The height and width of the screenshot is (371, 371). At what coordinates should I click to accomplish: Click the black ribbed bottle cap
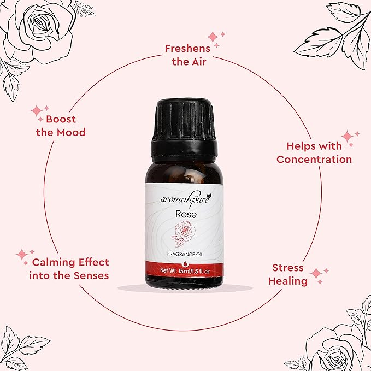click(x=184, y=131)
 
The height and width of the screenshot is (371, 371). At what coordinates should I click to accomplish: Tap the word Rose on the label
click(x=186, y=214)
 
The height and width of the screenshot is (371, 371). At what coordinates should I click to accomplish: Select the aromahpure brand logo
click(x=186, y=199)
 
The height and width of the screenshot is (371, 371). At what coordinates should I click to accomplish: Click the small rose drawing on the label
click(x=184, y=234)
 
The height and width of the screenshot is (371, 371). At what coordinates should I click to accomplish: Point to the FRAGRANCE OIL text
click(x=185, y=255)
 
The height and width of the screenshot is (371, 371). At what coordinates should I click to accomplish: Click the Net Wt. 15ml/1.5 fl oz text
click(x=185, y=270)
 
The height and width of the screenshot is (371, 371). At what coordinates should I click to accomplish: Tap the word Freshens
click(x=187, y=49)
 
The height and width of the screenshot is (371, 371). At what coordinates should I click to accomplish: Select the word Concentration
click(x=314, y=159)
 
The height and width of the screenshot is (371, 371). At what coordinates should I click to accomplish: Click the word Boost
click(x=61, y=119)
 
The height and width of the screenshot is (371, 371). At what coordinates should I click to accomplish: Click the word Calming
click(x=54, y=262)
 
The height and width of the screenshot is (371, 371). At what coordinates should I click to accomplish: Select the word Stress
click(x=288, y=268)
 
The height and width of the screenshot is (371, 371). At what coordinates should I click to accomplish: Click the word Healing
click(x=288, y=281)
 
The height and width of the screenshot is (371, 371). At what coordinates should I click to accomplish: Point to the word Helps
click(x=299, y=146)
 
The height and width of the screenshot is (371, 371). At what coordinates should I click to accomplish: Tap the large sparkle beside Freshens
click(x=213, y=37)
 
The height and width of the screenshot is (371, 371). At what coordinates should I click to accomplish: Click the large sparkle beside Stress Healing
click(x=316, y=273)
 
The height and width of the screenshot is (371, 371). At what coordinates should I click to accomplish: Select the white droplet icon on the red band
click(x=185, y=264)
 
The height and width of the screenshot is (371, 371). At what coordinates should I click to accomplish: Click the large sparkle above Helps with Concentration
click(x=348, y=136)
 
